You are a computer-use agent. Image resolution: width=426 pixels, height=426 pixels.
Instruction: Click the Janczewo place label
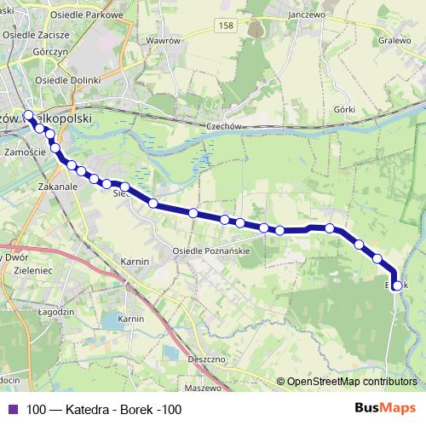[x=308, y=14]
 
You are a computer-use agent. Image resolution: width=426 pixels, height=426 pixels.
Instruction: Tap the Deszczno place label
[x=207, y=360]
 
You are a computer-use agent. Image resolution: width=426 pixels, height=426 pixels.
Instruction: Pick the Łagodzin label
[x=21, y=312]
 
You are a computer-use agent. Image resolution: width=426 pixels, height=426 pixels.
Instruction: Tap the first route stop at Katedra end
[x=28, y=116]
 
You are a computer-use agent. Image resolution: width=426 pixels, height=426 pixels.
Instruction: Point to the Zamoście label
[x=25, y=152]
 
